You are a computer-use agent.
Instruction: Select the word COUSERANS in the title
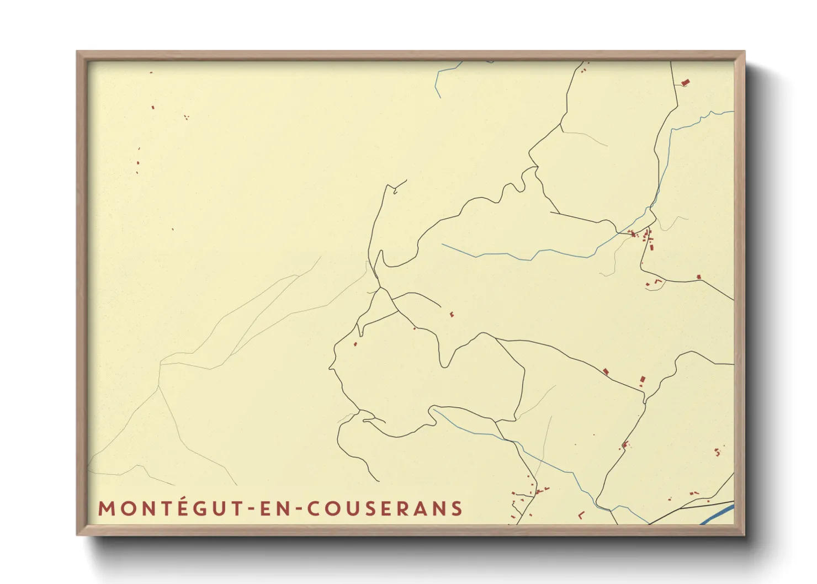(385, 508)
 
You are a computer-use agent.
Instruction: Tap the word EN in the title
(272, 508)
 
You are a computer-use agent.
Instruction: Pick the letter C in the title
(313, 508)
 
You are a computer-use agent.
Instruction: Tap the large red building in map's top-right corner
(686, 83)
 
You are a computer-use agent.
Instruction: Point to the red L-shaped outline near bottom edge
(581, 515)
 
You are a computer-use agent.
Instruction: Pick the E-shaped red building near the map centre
(452, 315)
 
